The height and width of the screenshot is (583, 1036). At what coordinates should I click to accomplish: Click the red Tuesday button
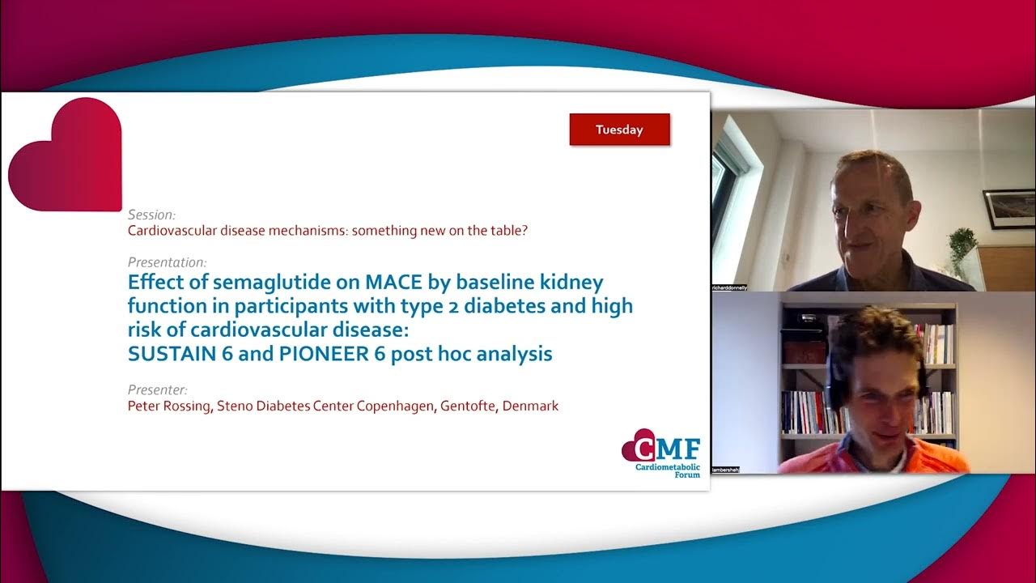point(619,130)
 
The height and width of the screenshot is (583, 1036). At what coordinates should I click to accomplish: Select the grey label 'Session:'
point(151,215)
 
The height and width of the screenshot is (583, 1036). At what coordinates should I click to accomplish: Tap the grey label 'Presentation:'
point(167,262)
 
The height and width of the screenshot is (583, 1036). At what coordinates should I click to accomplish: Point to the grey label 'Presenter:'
point(158,389)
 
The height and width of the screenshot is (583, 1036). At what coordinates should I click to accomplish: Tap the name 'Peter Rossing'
point(170,406)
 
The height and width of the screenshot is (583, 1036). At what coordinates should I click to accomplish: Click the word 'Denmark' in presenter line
point(530,406)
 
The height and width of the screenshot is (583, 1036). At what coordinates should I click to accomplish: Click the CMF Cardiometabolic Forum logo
point(660,453)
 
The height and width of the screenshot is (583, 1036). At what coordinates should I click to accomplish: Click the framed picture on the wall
point(1008,209)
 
